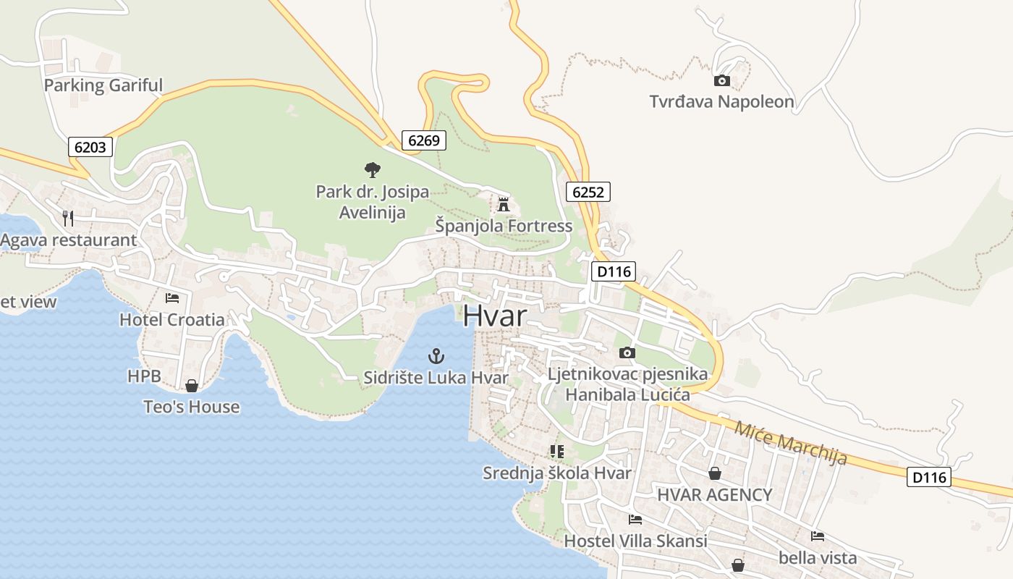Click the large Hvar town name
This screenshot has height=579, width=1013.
(x=495, y=316)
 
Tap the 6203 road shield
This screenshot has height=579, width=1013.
(x=90, y=147)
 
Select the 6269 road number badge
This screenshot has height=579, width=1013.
(x=424, y=140)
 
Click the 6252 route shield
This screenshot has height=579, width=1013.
(x=588, y=192)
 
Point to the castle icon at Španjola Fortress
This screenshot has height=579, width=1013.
(x=504, y=203)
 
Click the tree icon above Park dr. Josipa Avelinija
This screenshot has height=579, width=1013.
(x=372, y=170)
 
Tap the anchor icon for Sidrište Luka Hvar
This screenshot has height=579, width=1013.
(x=436, y=355)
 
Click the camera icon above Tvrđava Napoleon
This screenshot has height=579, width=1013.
(x=721, y=80)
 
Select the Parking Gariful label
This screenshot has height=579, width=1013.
(x=103, y=85)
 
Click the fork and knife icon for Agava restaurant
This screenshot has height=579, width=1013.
(x=68, y=218)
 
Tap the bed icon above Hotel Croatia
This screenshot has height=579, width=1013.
(x=172, y=297)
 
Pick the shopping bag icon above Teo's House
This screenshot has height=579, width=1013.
(x=192, y=386)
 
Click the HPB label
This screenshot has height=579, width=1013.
(x=144, y=376)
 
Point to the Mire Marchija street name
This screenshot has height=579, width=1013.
(x=790, y=442)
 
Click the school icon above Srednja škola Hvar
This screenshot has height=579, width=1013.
(x=556, y=452)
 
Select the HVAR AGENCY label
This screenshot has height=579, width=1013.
(x=714, y=495)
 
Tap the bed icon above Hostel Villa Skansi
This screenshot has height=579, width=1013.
(x=635, y=519)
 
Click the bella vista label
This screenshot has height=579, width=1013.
(x=818, y=558)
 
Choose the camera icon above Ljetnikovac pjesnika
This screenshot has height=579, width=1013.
(x=627, y=353)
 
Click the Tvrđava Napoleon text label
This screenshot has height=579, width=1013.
(x=721, y=102)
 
